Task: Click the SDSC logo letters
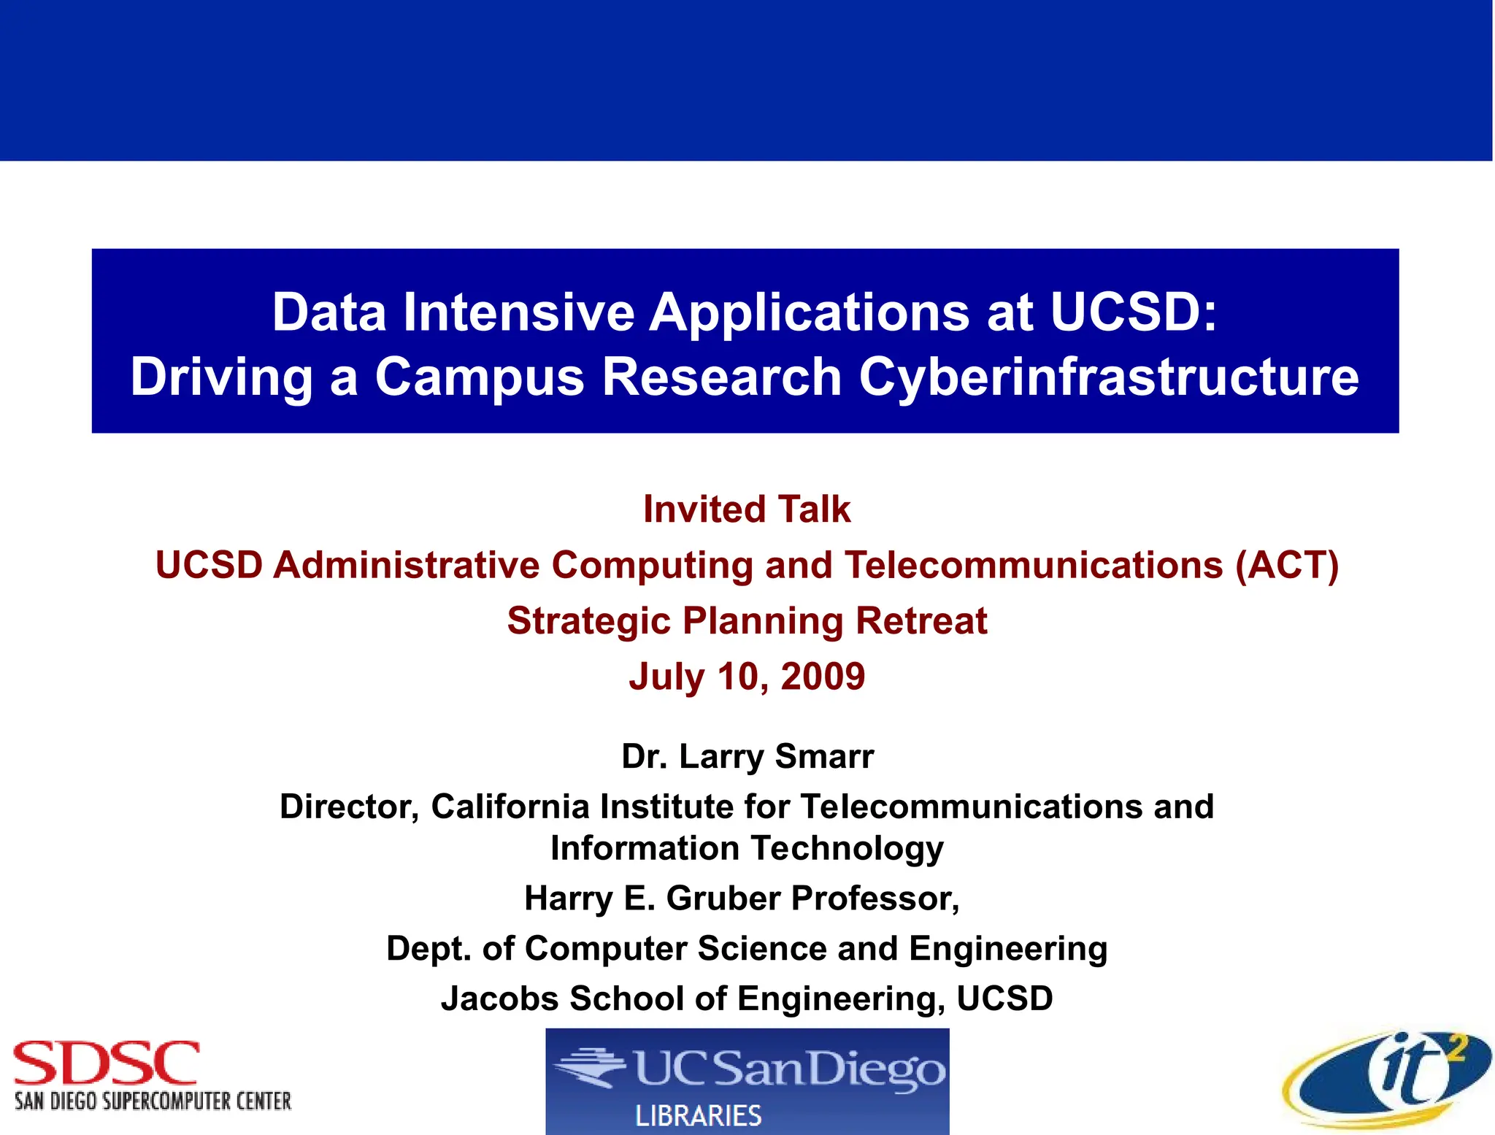click(x=106, y=1063)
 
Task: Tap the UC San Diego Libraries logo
click(x=747, y=1080)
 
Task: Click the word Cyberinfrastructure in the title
click(x=1108, y=377)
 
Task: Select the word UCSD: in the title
click(x=1134, y=312)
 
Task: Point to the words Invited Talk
click(x=746, y=509)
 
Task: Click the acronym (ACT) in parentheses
click(x=1286, y=565)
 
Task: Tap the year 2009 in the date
click(x=823, y=676)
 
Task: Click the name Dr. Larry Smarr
click(x=747, y=756)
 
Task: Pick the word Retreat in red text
click(x=921, y=621)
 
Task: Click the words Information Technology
click(x=747, y=848)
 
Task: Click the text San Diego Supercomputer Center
click(x=153, y=1101)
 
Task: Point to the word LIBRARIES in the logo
click(x=699, y=1115)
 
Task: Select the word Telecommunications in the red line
click(x=1033, y=565)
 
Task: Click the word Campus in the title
click(x=480, y=377)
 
